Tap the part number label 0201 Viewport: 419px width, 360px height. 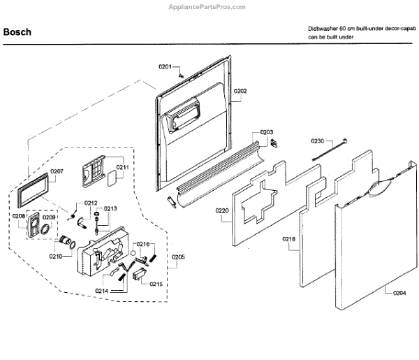pos(165,66)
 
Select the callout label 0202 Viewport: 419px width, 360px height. pos(240,91)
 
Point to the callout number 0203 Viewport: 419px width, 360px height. pos(267,131)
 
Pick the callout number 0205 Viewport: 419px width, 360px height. pos(178,257)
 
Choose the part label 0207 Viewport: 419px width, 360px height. pos(57,171)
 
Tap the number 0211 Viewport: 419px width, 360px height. pos(122,168)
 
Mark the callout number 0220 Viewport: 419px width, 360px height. pos(222,210)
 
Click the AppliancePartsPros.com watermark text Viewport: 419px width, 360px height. pos(209,6)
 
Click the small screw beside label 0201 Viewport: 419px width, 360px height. pos(181,70)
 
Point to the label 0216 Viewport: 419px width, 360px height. pos(142,244)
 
